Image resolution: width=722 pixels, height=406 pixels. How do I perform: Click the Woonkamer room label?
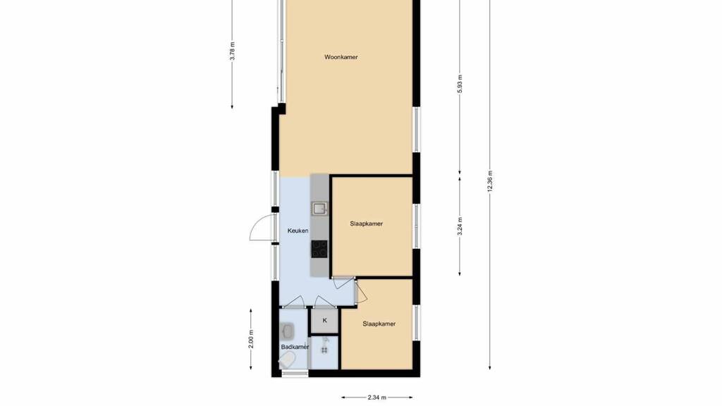[x=341, y=57]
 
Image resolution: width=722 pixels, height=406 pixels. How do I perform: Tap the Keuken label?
[x=298, y=230]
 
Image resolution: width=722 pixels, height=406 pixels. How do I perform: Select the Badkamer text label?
[x=295, y=347]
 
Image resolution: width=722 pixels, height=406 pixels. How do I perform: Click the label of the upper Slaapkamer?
[x=366, y=223]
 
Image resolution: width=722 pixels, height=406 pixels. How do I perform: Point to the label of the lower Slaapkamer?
[x=379, y=324]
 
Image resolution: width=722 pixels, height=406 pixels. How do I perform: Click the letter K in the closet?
[x=324, y=321]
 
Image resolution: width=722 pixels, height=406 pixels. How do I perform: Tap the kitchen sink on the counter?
[x=319, y=209]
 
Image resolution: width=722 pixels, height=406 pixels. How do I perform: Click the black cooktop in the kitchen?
[x=319, y=249]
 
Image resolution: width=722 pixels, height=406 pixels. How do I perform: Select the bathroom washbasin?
[x=288, y=330]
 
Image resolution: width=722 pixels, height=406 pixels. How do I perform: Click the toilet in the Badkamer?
[x=288, y=360]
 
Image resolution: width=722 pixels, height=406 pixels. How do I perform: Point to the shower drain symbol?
[x=324, y=350]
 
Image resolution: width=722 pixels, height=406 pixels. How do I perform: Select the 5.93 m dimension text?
[x=460, y=84]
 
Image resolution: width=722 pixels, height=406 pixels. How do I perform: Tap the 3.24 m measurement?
[x=460, y=226]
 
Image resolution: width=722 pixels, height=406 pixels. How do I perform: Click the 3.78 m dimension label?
[x=232, y=51]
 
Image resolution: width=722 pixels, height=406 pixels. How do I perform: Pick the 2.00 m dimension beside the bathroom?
[x=251, y=339]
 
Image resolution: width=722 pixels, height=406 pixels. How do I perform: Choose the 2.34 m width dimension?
[x=377, y=398]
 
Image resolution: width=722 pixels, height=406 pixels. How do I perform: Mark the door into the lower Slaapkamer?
[x=360, y=291]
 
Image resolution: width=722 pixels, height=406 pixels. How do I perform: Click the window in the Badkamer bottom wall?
[x=295, y=374]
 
